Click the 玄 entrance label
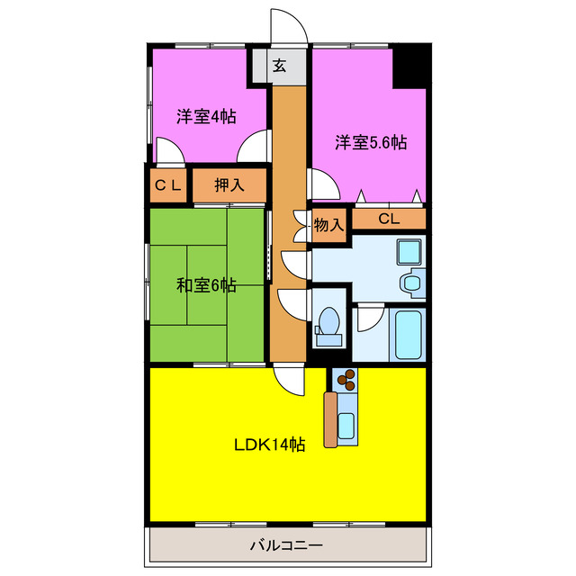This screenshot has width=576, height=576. point(280,66)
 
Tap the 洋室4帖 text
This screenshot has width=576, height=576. point(206,116)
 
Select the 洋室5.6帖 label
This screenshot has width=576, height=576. point(371,142)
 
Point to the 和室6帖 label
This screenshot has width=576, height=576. point(206,285)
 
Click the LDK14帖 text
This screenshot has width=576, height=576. point(269,445)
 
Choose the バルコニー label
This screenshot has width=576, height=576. point(285,545)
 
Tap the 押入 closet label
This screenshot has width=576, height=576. point(229,185)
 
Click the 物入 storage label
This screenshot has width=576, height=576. point(328,224)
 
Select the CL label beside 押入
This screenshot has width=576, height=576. point(168,185)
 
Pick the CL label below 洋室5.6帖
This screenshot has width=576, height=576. point(388,219)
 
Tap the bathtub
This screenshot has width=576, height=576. point(409,333)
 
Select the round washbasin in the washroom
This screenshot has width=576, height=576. point(412,283)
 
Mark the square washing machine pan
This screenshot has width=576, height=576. point(409,251)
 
